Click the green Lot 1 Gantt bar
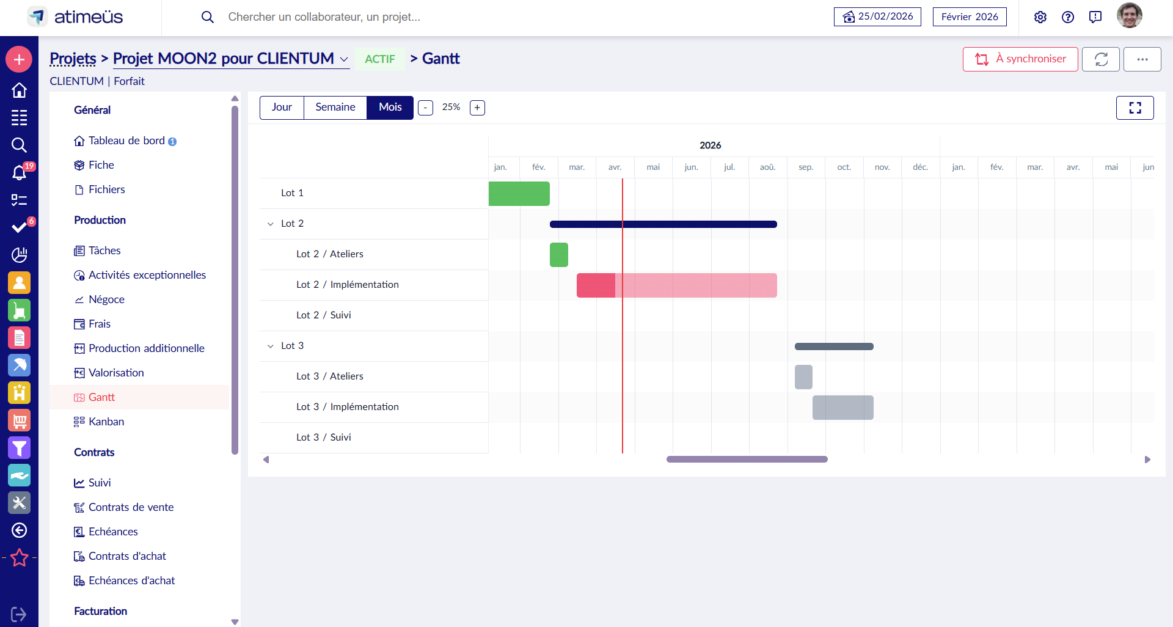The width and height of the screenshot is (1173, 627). tap(519, 194)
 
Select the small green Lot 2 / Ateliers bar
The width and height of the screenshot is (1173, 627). tap(558, 255)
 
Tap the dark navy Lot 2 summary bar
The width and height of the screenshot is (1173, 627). tap(663, 224)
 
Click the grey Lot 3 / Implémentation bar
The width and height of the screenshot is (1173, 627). tap(842, 408)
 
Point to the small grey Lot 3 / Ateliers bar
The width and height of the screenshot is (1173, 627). tap(803, 377)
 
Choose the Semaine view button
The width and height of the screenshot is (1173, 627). tap(335, 108)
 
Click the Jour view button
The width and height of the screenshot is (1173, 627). tap(282, 108)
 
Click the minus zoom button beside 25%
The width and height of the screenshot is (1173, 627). tap(425, 108)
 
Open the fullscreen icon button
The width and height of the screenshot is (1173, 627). tap(1135, 108)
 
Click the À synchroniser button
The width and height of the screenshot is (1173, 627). tap(1020, 59)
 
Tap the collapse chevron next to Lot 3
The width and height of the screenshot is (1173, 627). tap(271, 346)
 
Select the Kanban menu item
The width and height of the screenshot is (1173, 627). tap(106, 422)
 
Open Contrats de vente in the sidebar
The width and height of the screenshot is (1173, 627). tap(131, 507)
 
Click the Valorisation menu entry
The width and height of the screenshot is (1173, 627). tap(116, 373)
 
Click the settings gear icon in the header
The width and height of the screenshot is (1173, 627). tap(1040, 17)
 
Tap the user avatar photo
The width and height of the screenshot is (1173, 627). tap(1129, 16)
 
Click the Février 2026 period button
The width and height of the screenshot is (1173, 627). tap(969, 17)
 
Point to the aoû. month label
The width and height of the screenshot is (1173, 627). tap(767, 167)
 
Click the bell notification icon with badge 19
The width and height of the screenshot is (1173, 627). tap(20, 172)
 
